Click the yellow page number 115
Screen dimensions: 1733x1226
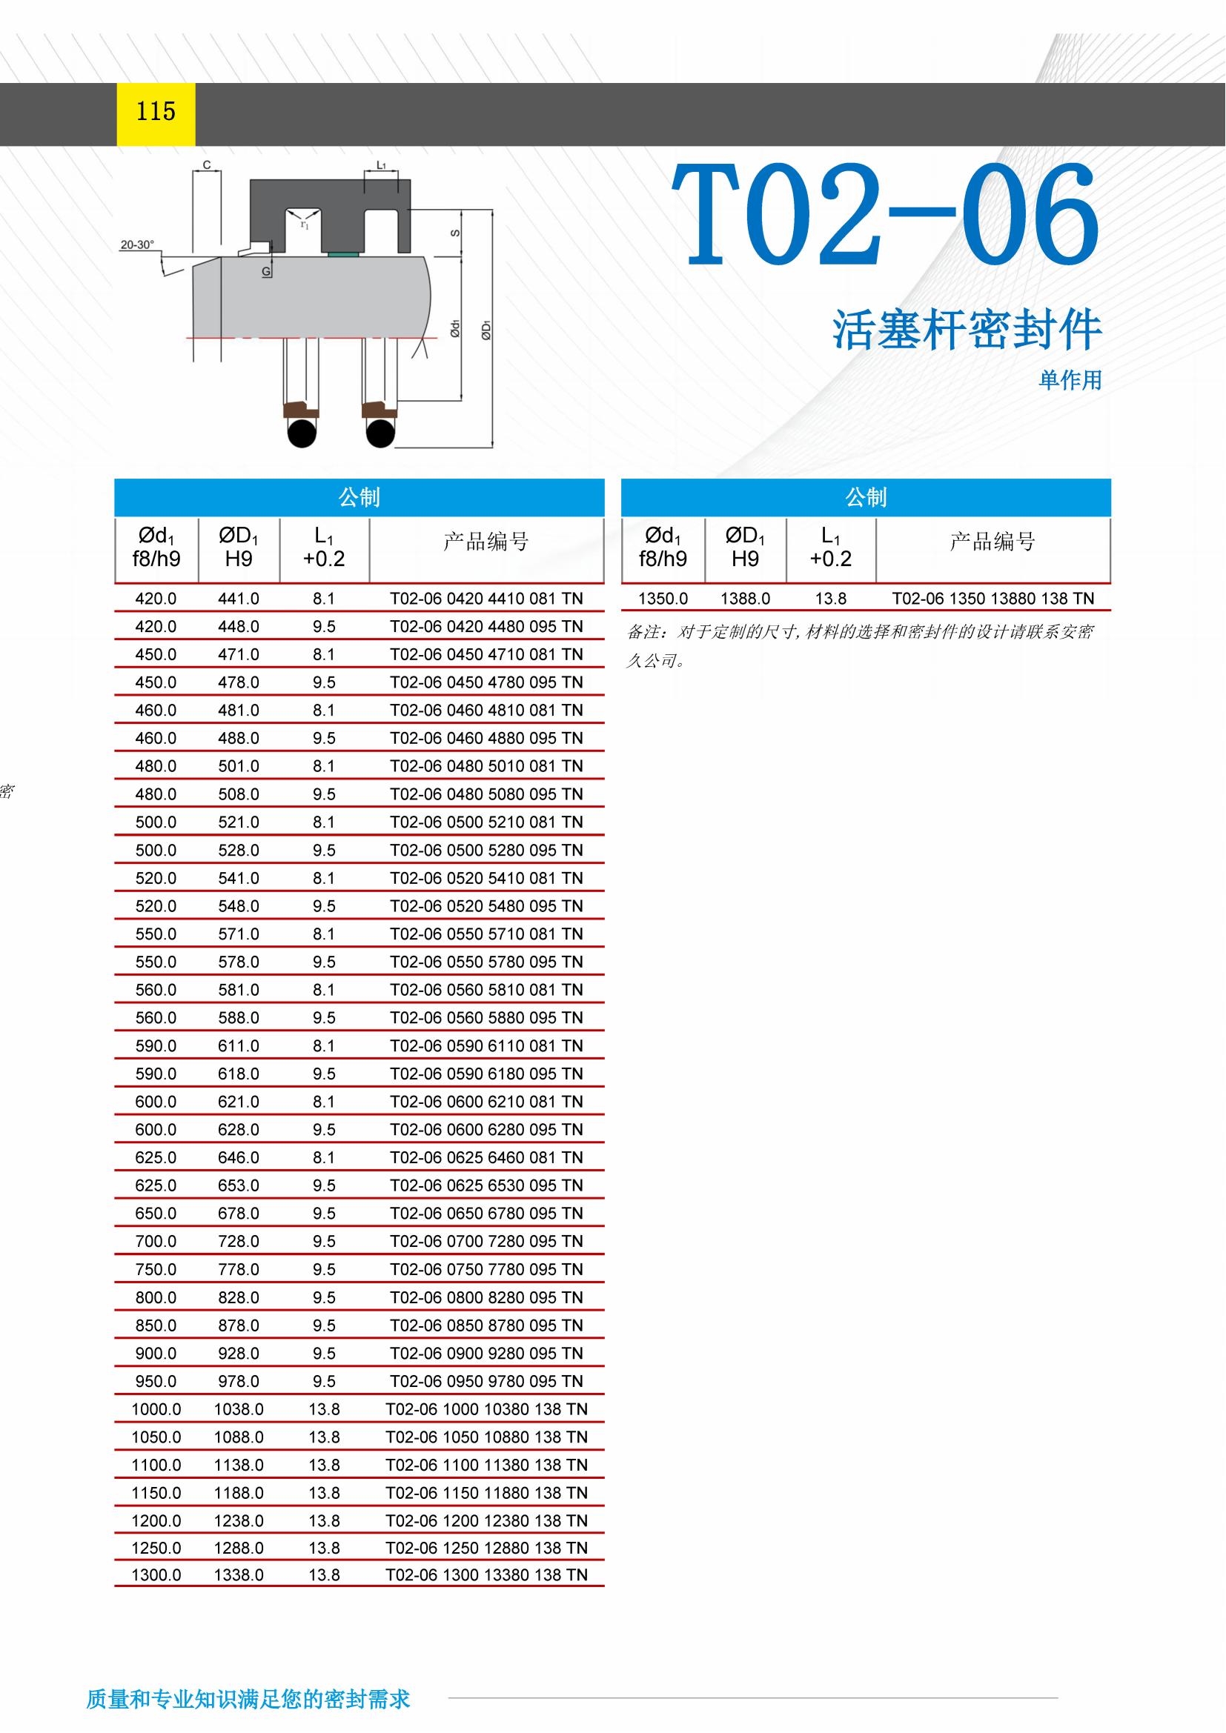156,112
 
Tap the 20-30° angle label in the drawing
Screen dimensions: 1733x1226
136,245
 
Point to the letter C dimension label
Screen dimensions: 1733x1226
207,165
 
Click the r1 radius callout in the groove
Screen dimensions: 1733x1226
304,224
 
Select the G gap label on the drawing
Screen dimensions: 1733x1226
266,271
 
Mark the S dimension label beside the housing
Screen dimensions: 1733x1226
455,233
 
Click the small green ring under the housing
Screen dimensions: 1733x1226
344,254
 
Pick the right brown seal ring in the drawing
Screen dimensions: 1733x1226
379,410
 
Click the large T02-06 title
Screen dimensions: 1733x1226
884,216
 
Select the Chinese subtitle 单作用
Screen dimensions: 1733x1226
1070,379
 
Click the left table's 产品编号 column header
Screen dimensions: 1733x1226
486,541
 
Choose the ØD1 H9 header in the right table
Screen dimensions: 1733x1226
745,548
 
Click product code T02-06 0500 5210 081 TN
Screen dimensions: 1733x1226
486,822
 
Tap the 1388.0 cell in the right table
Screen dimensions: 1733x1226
745,599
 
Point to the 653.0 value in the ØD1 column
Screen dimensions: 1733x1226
239,1185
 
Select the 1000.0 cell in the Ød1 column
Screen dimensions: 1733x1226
156,1409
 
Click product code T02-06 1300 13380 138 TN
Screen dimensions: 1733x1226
486,1575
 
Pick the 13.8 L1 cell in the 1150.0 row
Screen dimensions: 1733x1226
324,1493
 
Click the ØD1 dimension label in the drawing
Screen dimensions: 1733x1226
487,330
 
